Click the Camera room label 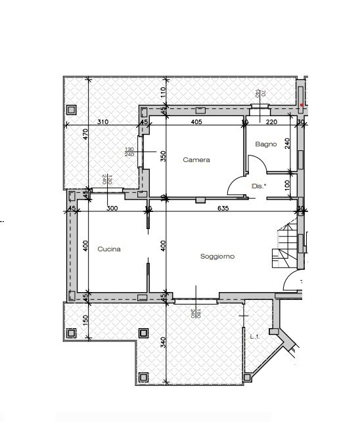196,159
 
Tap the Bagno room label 266,144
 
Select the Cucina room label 108,249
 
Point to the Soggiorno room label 217,257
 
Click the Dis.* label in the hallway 259,186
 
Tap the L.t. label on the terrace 256,337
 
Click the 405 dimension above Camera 196,122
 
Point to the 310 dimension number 102,122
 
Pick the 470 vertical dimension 85,135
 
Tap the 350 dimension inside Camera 163,156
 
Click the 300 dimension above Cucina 111,209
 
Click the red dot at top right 302,104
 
